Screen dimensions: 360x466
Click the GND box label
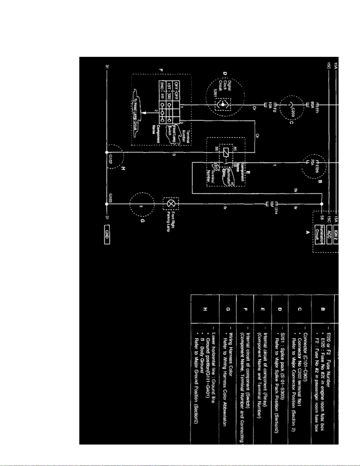[107, 235]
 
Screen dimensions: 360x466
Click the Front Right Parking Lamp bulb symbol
[171, 203]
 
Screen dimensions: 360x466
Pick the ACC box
[329, 235]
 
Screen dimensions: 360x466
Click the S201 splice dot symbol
[223, 105]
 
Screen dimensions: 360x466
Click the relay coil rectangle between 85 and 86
[225, 152]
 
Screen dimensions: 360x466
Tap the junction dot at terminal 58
[322, 204]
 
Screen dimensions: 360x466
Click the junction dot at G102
[107, 152]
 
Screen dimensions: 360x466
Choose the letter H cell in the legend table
[205, 309]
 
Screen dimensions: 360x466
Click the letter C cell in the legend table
[299, 309]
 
